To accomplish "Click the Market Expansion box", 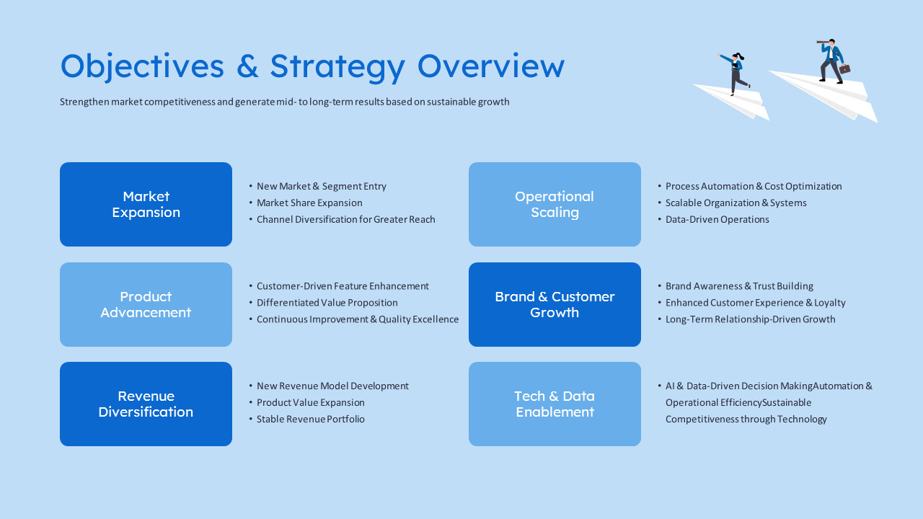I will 146,204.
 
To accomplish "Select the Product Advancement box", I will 146,304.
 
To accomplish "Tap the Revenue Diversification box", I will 146,404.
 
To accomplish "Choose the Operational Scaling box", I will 555,204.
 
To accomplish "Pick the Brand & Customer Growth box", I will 555,304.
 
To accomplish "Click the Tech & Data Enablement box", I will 555,404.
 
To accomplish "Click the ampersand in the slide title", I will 247,66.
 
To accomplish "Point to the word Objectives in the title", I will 142,66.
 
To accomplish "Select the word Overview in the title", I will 490,66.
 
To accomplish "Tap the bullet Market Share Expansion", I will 309,203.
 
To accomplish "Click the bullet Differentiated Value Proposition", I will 327,303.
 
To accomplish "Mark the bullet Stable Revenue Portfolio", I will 310,419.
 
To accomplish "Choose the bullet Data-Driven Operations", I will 717,219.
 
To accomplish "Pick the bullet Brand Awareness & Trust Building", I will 739,286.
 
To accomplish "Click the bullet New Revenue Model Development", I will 332,386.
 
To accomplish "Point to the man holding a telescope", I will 831,61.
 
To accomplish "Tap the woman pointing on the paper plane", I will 735,73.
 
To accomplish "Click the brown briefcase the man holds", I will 844,69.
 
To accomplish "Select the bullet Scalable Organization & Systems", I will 736,203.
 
